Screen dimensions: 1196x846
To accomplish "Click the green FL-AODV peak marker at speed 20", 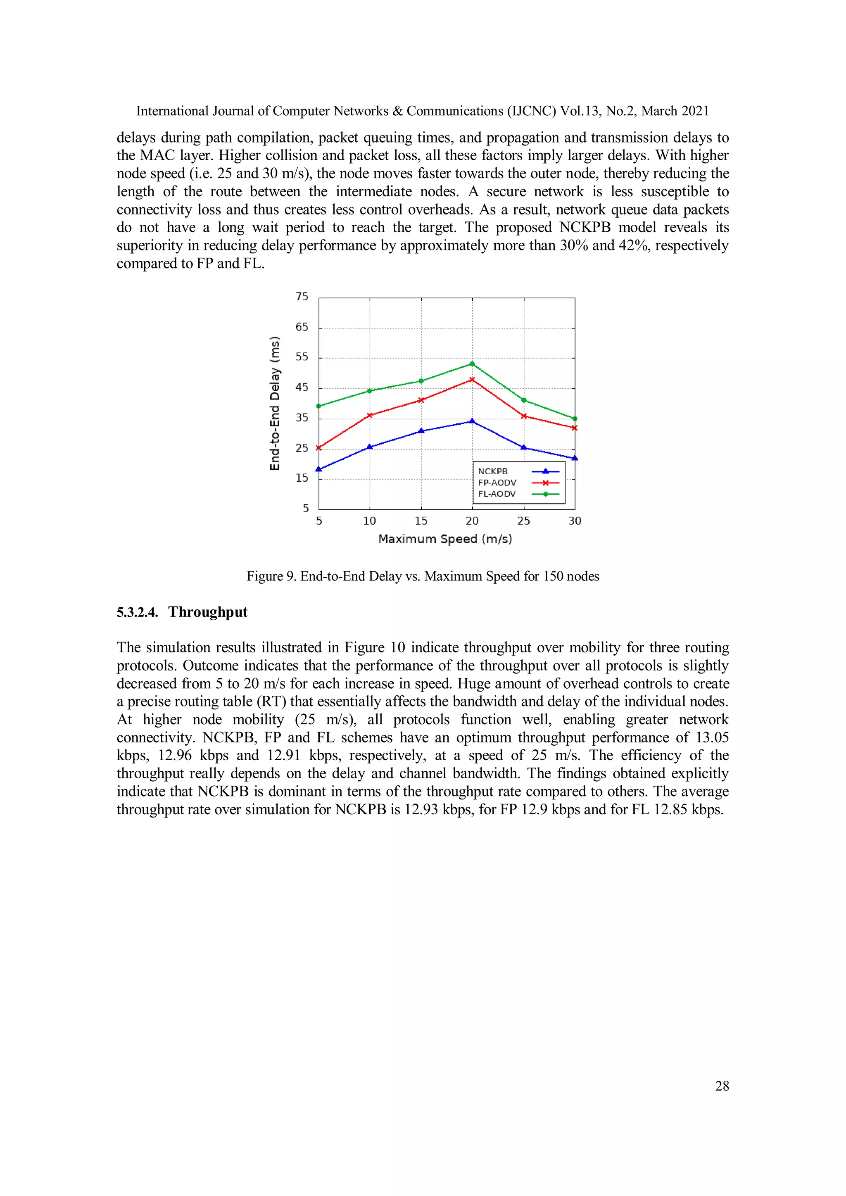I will (x=472, y=364).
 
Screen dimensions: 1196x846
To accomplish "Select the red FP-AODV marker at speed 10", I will (x=370, y=415).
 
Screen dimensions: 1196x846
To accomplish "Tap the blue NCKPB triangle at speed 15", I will (x=421, y=431).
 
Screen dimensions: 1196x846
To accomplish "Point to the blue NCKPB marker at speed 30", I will (x=575, y=458).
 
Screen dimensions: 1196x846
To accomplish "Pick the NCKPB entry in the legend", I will (x=492, y=471).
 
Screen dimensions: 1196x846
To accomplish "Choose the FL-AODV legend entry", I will (x=497, y=494).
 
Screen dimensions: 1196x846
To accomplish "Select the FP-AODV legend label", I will (x=497, y=483).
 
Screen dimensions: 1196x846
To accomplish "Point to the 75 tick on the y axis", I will (x=302, y=296).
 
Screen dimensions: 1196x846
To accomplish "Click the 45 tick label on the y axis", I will (x=302, y=387).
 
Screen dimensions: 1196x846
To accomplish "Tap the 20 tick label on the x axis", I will (x=472, y=521).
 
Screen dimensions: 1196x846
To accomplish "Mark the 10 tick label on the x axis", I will (x=369, y=521).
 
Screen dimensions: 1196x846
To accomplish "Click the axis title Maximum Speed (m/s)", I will (x=445, y=539).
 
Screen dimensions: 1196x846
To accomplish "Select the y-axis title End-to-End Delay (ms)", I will (x=275, y=403).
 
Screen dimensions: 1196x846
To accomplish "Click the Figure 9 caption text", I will (x=423, y=576).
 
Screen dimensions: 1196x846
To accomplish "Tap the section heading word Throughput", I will (x=207, y=612).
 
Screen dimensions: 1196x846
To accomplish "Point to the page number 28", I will (x=722, y=1086).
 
